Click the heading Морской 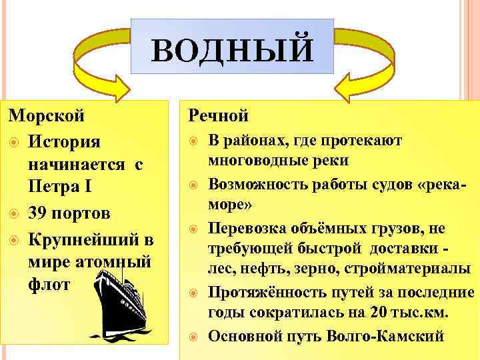click(47, 114)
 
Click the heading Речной click(219, 115)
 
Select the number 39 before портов click(39, 214)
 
